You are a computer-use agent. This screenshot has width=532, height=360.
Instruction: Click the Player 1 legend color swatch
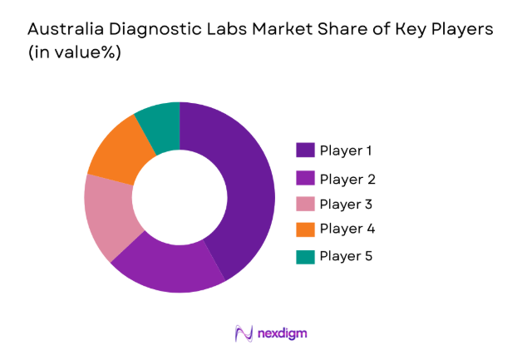305,150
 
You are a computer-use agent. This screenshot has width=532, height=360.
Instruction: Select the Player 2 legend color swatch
305,179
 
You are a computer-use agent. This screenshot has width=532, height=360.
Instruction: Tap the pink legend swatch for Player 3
305,204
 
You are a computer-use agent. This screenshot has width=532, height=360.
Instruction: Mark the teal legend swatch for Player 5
305,256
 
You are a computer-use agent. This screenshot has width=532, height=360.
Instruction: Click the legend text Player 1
346,151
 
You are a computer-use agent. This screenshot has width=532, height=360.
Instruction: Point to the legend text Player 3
347,205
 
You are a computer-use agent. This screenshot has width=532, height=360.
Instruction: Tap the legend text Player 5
347,256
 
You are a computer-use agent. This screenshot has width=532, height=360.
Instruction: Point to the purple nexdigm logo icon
244,333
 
